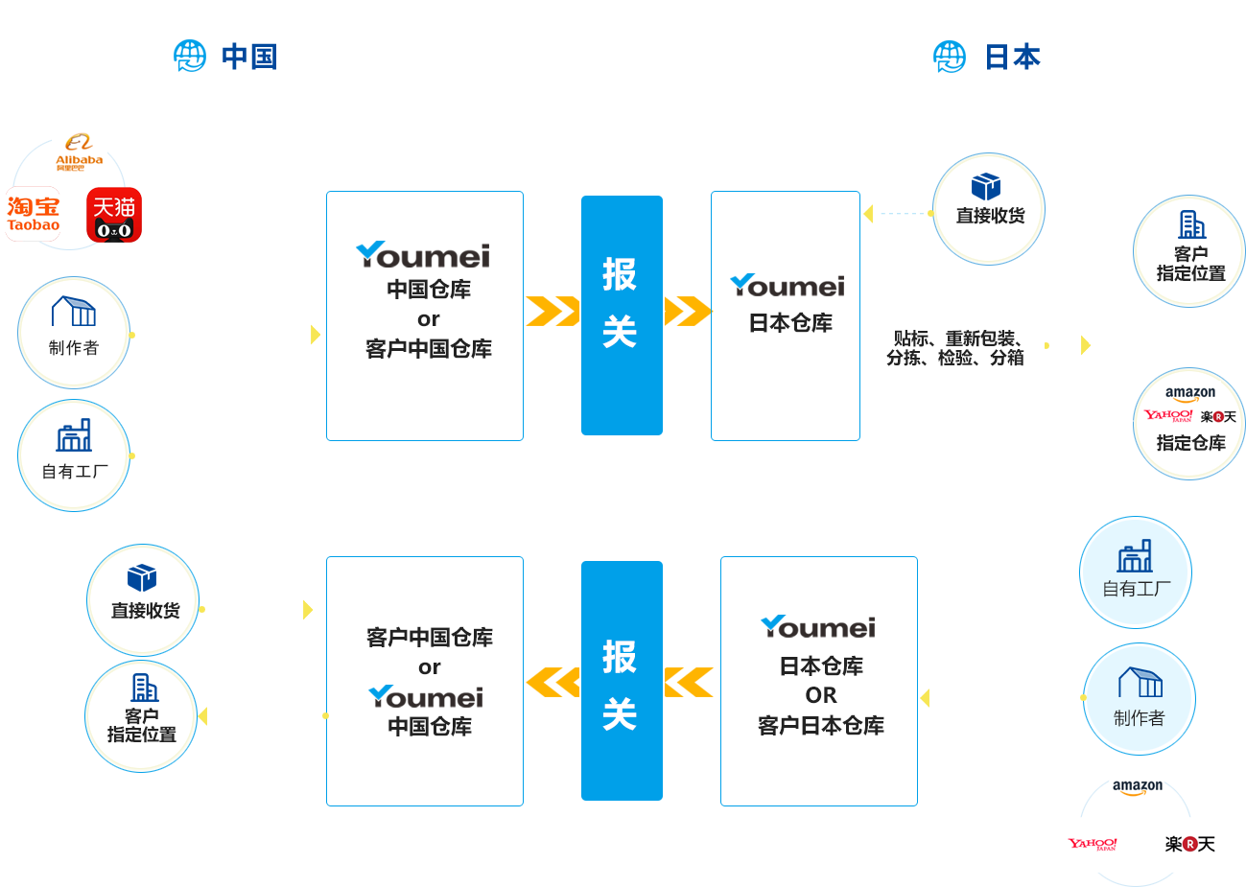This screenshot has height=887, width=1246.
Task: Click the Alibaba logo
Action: coord(79,152)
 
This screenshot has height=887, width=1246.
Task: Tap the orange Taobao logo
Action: coord(34,214)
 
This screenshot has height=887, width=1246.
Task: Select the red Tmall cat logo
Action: coord(114,215)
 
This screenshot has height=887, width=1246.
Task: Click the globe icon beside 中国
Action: coord(190,57)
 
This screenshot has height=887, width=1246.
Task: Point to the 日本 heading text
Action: coord(1013,58)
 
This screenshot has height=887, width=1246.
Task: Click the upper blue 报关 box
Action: coord(622,315)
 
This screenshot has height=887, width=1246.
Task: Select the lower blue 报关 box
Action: coord(622,681)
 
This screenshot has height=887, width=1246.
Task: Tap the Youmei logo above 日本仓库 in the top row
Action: coord(788,285)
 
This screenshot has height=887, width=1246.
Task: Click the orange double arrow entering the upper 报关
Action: coord(552,312)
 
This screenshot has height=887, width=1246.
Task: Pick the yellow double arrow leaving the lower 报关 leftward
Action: coord(552,682)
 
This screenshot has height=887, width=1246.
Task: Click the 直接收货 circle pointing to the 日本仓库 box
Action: coord(989,208)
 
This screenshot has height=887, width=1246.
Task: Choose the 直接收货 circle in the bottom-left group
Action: coord(144,599)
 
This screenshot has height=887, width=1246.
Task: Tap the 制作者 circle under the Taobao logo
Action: coord(74,332)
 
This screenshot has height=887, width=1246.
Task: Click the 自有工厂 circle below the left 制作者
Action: coord(74,455)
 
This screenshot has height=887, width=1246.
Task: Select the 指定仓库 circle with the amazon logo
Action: coord(1189,423)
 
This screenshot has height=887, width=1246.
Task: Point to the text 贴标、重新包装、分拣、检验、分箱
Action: coord(955,348)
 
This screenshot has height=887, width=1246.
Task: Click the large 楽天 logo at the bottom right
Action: coord(1189,844)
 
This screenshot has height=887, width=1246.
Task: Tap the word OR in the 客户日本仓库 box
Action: coord(821,695)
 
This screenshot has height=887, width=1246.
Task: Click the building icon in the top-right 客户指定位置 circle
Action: coord(1191,225)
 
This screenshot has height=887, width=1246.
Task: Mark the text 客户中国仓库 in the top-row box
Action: coord(429,349)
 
